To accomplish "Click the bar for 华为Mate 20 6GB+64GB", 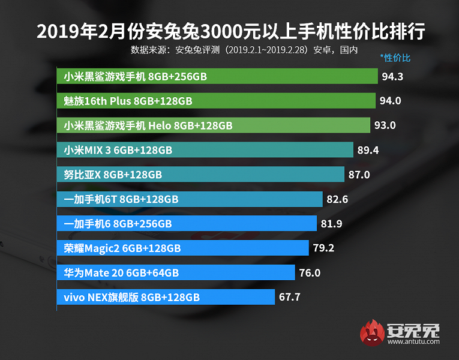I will [x=176, y=272].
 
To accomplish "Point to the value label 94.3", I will [x=392, y=77].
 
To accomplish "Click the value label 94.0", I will [x=390, y=101].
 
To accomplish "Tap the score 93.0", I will [x=385, y=125].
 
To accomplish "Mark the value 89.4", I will [x=368, y=150].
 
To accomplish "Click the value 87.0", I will [x=359, y=175].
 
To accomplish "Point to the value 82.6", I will [x=337, y=199].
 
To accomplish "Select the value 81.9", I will [x=331, y=224].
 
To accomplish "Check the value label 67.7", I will [x=289, y=297].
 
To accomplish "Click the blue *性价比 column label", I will [x=395, y=58].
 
